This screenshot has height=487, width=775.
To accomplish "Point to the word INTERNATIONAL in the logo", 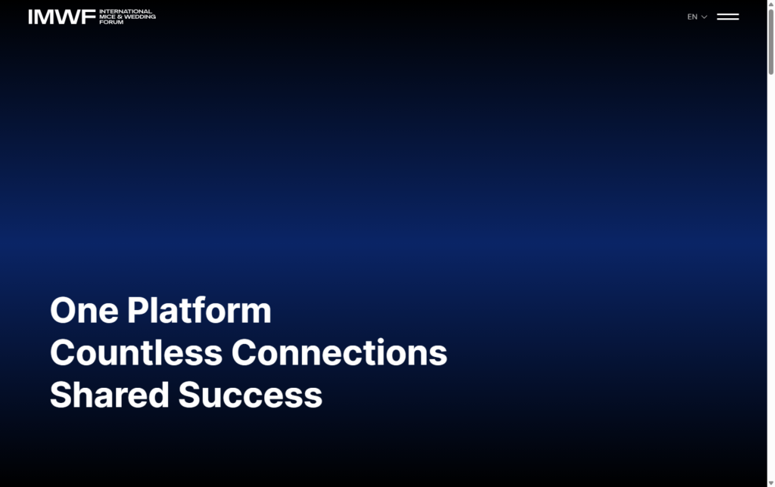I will coord(126,11).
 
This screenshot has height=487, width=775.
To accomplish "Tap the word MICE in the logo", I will coord(107,17).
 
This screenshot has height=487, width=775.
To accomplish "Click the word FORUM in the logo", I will coord(111,22).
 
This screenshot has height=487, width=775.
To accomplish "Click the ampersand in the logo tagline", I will coord(118,17).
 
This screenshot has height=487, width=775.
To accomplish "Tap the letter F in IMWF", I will coord(90,17).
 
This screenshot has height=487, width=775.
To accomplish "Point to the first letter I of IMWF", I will coord(31,17).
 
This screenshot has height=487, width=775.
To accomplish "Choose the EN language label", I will coord(692,17).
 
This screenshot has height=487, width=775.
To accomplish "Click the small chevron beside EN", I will coord(705,17).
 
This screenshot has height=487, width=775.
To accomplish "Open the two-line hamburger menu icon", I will coord(727,17).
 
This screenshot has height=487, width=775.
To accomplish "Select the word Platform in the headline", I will coord(199,311).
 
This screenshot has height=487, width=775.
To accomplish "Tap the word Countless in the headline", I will coord(136,353).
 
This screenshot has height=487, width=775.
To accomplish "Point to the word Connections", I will coord(339,353).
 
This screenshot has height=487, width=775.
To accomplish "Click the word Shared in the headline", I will coord(110,395).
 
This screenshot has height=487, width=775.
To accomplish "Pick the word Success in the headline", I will coord(251,395).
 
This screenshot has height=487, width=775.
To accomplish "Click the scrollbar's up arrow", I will coord(770,5).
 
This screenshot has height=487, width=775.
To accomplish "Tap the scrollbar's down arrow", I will coord(770,482).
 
